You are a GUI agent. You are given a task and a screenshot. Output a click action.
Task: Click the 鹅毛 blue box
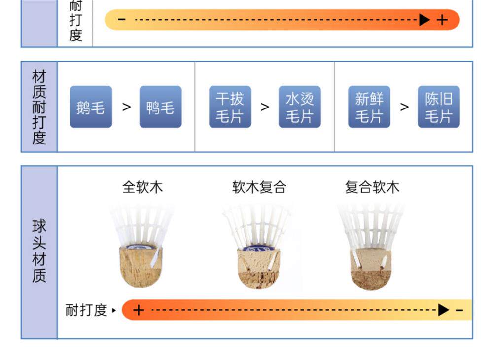click(91, 107)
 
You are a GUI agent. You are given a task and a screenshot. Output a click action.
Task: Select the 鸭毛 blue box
click(160, 107)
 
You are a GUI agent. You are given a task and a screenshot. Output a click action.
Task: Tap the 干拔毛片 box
click(230, 107)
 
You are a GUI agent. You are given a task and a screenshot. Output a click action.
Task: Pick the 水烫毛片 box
click(299, 107)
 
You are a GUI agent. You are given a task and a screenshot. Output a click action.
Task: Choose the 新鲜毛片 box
click(369, 107)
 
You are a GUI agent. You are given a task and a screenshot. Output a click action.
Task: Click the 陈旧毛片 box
click(438, 107)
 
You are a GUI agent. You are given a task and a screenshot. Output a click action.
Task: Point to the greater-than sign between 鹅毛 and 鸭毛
click(126, 107)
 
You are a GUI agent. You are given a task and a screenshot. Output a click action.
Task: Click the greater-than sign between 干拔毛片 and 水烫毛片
click(265, 107)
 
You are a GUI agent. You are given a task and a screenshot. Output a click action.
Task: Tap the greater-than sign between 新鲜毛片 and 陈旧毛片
click(404, 107)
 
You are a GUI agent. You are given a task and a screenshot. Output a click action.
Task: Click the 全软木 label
click(142, 187)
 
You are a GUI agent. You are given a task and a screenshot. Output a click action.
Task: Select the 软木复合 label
click(259, 187)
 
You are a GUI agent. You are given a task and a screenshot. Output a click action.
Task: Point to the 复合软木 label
click(372, 187)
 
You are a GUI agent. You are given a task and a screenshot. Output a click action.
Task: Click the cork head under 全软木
click(141, 266)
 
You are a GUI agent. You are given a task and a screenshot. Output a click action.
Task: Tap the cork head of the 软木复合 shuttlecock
click(259, 269)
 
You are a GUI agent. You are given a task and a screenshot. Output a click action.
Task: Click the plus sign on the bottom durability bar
click(139, 310)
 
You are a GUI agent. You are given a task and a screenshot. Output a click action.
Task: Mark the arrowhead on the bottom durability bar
click(443, 310)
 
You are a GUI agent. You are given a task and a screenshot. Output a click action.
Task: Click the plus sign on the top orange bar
click(442, 20)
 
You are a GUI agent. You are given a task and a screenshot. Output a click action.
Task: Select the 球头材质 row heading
click(39, 252)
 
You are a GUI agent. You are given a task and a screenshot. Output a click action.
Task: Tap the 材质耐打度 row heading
click(39, 107)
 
